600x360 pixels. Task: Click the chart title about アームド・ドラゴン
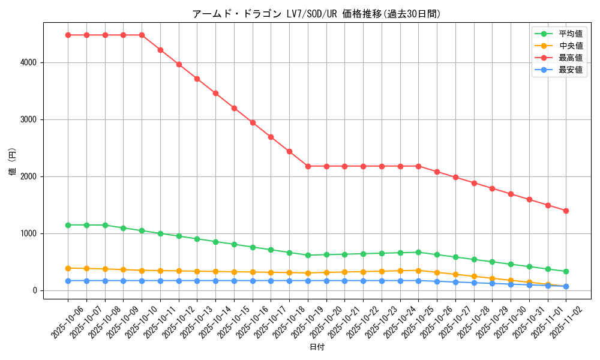316,14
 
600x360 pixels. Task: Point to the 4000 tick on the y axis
29,62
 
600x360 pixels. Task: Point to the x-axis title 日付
317,347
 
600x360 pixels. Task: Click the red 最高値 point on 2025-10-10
142,35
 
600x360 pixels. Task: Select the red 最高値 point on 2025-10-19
308,166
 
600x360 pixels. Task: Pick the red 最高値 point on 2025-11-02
566,211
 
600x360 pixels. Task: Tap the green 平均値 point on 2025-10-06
68,225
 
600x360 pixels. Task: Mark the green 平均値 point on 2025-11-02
566,271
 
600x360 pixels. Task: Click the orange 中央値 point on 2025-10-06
68,268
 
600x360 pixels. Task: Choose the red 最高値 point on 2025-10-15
234,108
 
